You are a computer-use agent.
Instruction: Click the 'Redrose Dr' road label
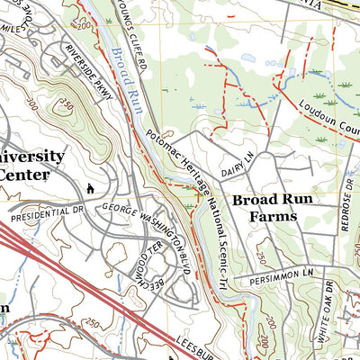tap(347, 206)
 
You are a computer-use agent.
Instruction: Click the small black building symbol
tap(91, 188)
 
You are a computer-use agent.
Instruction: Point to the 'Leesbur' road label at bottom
tap(197, 346)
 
